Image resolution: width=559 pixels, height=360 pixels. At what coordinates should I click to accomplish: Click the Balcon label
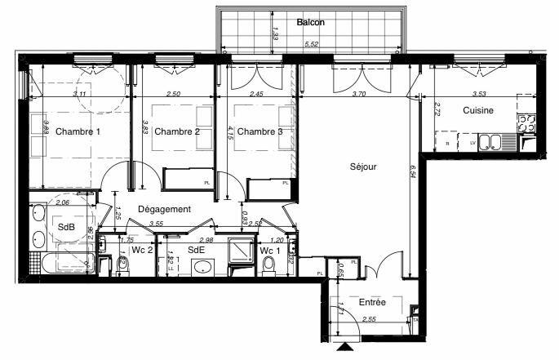coord(311,23)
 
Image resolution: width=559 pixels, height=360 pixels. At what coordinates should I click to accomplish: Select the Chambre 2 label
coord(177,132)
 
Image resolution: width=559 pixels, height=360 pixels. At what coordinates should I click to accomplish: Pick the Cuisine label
coord(478,111)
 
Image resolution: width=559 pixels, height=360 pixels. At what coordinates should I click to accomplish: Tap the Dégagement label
coord(164,209)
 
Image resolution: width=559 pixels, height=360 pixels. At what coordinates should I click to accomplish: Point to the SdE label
coord(196,250)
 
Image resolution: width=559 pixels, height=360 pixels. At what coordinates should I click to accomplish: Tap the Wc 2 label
coord(142,250)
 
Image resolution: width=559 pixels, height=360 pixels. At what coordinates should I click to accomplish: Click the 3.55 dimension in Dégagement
coord(158,224)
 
